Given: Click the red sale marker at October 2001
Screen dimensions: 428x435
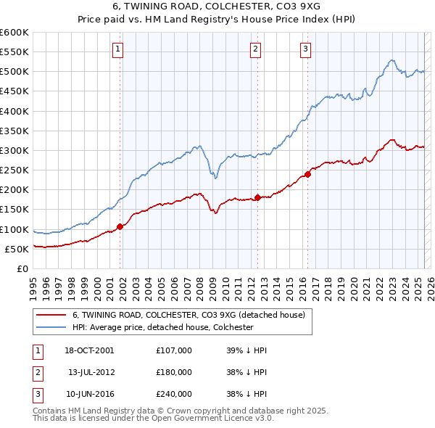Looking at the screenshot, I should [120, 226].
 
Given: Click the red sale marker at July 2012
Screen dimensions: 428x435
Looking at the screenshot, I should [258, 197].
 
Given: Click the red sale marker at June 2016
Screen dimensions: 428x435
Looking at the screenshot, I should [308, 174].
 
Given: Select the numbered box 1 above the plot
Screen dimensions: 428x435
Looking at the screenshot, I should [117, 49].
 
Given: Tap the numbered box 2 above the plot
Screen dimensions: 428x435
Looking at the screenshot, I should [256, 49].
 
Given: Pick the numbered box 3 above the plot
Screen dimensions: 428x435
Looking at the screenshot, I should [305, 49].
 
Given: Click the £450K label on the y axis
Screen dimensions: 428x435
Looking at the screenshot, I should [14, 91].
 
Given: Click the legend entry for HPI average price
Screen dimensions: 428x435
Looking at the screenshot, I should [162, 327].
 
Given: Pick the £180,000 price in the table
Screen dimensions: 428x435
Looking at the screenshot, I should [174, 372].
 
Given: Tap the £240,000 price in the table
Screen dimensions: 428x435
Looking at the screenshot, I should [174, 394].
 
